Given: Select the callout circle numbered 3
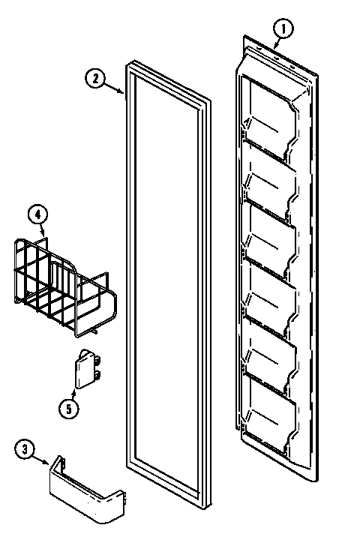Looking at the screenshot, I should coord(26,450).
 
